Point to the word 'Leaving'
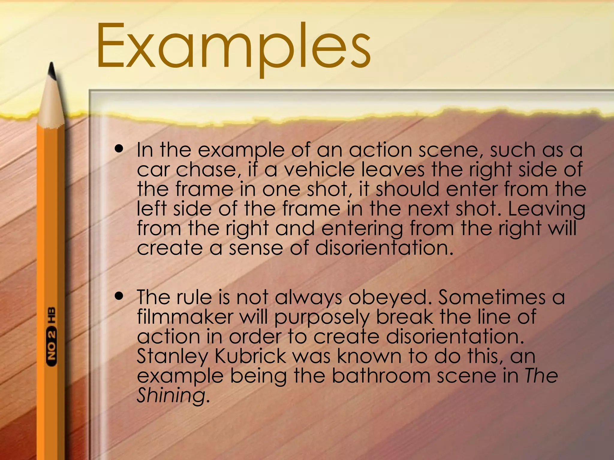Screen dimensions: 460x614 click(x=546, y=209)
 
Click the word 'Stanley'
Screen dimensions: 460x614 click(x=172, y=357)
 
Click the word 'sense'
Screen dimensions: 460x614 click(x=256, y=248)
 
